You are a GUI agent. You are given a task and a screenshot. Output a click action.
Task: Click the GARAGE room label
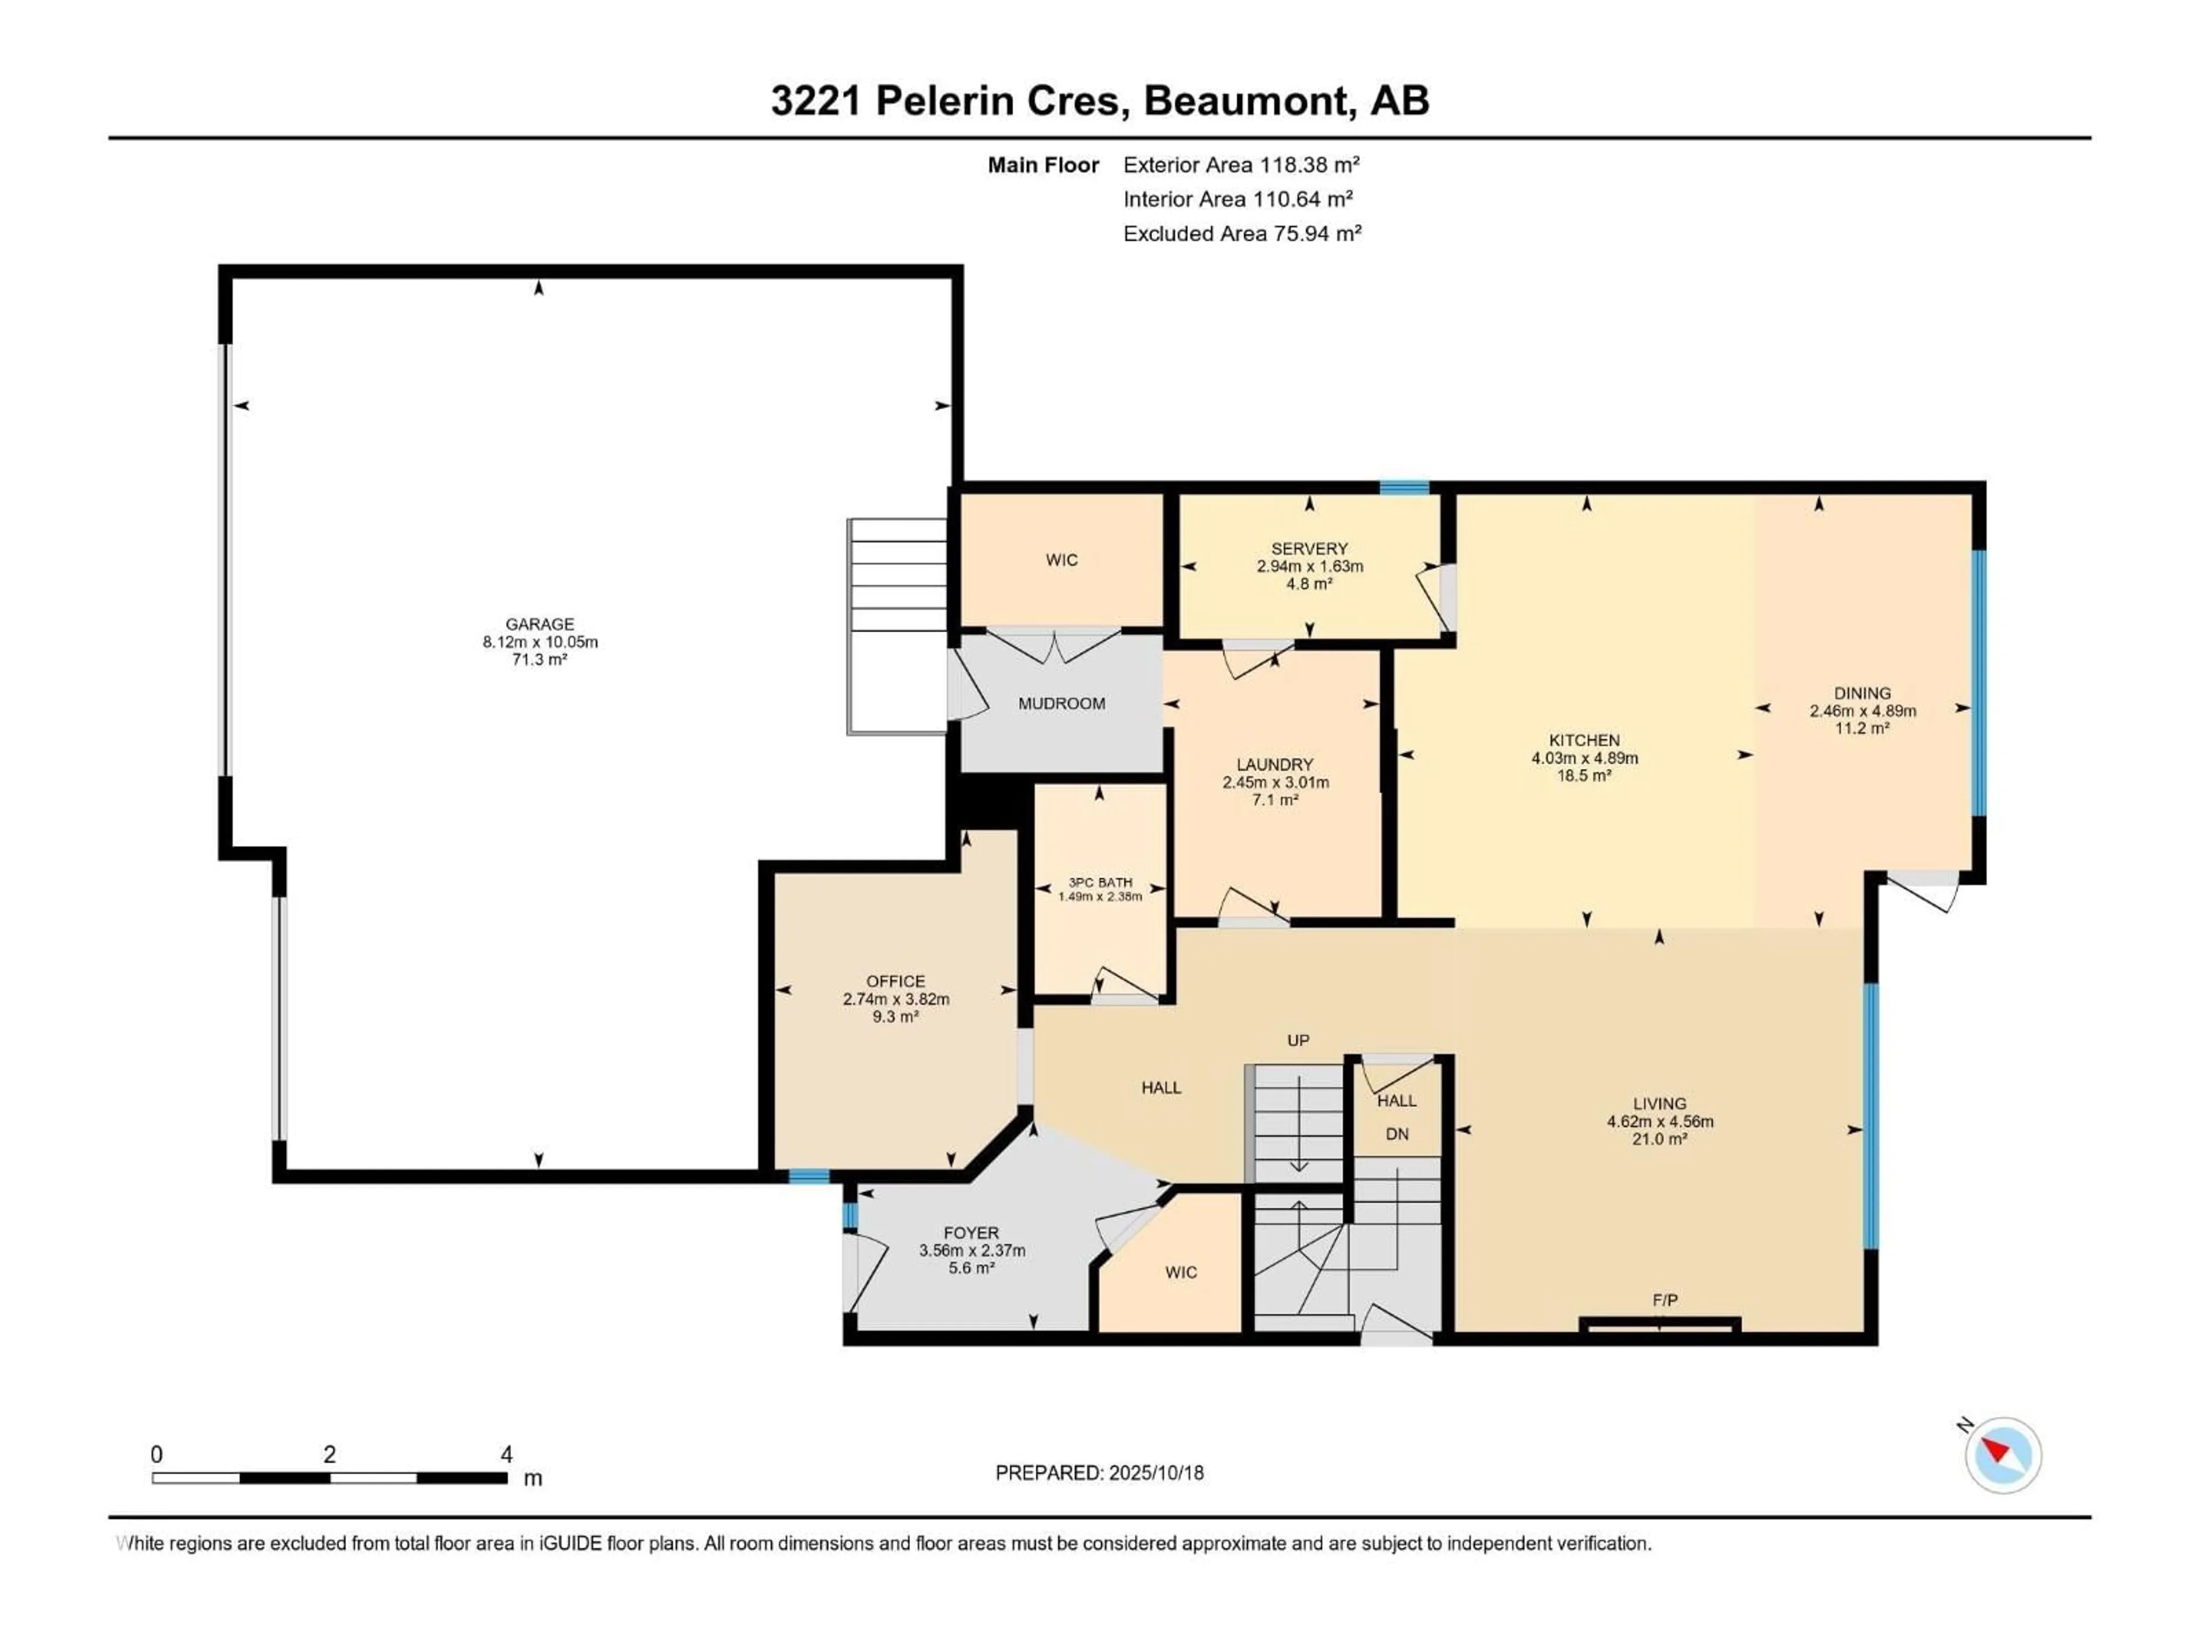click(x=539, y=624)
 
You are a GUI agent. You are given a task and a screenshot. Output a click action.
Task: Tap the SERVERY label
click(x=1310, y=549)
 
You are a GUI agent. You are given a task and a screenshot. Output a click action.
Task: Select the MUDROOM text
click(x=1062, y=703)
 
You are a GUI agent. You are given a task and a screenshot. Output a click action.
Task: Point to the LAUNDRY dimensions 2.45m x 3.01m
click(x=1276, y=782)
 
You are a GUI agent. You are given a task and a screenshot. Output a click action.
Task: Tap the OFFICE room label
click(x=895, y=981)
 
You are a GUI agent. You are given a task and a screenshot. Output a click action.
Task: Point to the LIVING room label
click(x=1660, y=1104)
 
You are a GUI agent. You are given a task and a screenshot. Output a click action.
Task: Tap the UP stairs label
click(x=1298, y=1040)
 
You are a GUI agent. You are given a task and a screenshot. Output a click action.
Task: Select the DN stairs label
click(x=1397, y=1133)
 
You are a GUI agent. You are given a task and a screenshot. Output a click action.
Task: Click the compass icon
click(x=2003, y=1455)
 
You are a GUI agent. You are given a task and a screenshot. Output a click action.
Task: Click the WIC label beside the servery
click(x=1062, y=560)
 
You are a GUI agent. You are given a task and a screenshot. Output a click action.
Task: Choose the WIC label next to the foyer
click(x=1181, y=1272)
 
